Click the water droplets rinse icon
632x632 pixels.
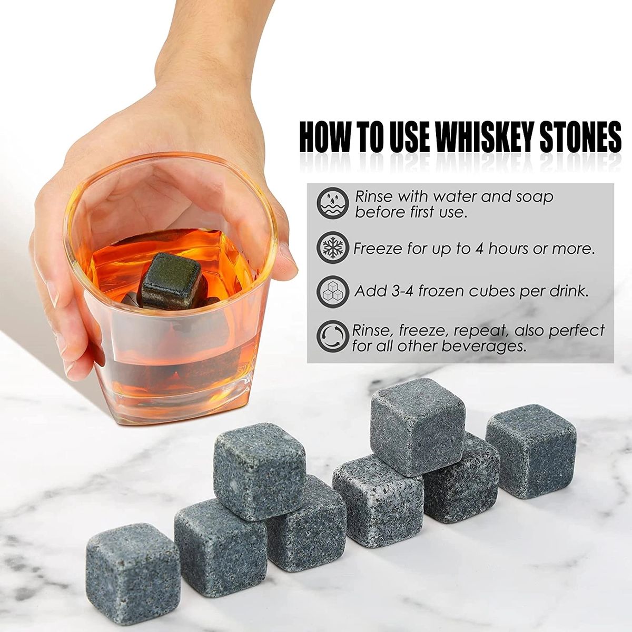tap(332, 204)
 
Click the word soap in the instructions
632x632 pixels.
tap(534, 197)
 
